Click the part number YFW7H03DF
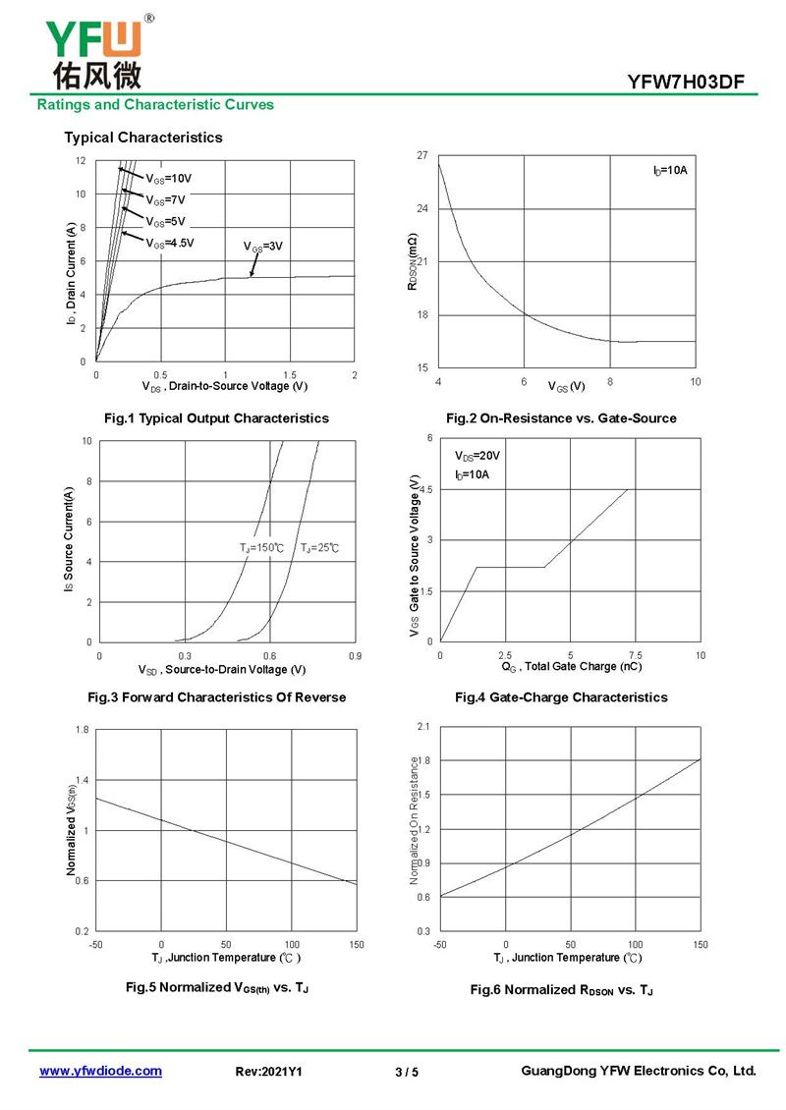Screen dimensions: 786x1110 pyautogui.click(x=686, y=83)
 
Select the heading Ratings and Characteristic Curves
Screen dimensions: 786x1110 pyautogui.click(x=155, y=105)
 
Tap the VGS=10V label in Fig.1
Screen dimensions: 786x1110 pyautogui.click(x=169, y=179)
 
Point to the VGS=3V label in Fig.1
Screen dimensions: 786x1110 pyautogui.click(x=262, y=247)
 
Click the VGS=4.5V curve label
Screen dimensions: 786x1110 pyautogui.click(x=170, y=244)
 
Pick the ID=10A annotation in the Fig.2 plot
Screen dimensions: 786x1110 pyautogui.click(x=669, y=170)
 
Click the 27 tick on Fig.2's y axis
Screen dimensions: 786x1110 pyautogui.click(x=422, y=155)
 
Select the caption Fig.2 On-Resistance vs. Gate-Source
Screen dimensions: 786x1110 pyautogui.click(x=561, y=418)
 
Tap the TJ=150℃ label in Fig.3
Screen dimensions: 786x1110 pyautogui.click(x=261, y=548)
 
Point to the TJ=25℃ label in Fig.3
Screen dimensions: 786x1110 pyautogui.click(x=319, y=548)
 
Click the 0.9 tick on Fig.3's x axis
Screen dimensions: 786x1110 pyautogui.click(x=355, y=656)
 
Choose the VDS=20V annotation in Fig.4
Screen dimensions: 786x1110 pyautogui.click(x=477, y=456)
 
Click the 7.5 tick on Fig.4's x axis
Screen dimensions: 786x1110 pyautogui.click(x=635, y=655)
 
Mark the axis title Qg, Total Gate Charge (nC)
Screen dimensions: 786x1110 pyautogui.click(x=572, y=667)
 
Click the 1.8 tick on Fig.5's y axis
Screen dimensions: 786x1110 pyautogui.click(x=83, y=730)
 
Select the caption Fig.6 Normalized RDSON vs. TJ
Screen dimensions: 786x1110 pyautogui.click(x=562, y=989)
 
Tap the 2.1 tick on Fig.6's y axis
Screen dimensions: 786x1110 pyautogui.click(x=422, y=727)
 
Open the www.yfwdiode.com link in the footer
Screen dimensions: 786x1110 pyautogui.click(x=100, y=1071)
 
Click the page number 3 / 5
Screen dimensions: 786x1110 pyautogui.click(x=407, y=1072)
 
